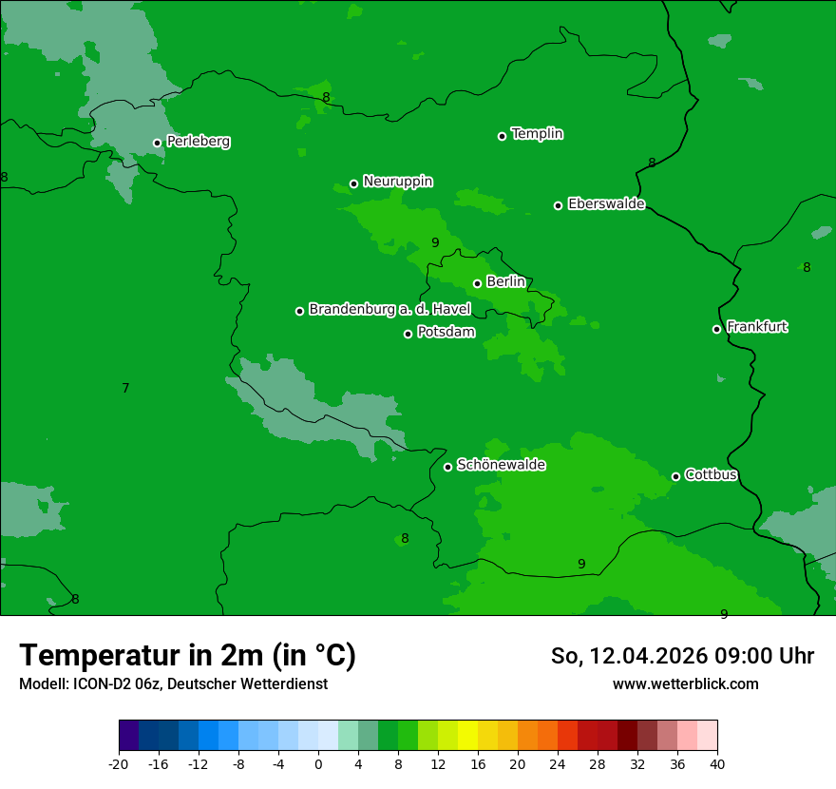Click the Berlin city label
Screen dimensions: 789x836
[x=505, y=282]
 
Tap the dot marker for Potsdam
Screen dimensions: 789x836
[x=408, y=334]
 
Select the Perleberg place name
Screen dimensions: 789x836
[x=198, y=142]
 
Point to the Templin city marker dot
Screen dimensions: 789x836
[x=502, y=136]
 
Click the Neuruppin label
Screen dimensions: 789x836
[x=397, y=182]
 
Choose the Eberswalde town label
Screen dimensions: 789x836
[x=606, y=204]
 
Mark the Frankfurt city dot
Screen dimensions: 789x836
[x=716, y=329]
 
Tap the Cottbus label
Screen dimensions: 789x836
[x=711, y=475]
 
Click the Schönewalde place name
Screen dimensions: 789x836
[x=501, y=465]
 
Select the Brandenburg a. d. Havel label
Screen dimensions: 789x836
[x=389, y=310]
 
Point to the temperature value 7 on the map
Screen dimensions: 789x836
[x=125, y=388]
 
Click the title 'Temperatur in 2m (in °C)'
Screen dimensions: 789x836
[x=187, y=655]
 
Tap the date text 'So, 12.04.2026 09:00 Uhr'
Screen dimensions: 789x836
[x=682, y=656]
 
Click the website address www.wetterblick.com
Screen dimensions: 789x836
[x=685, y=684]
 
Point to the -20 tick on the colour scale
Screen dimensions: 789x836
[x=119, y=764]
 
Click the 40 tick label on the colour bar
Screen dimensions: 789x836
[x=716, y=764]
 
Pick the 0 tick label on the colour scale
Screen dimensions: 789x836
[x=318, y=764]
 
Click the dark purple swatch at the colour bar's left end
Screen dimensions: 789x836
[x=128, y=736]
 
